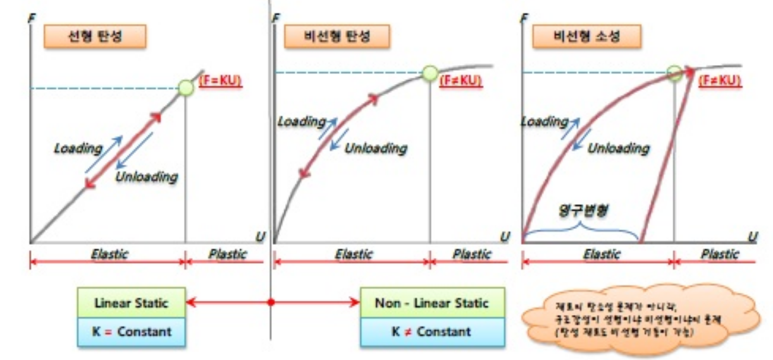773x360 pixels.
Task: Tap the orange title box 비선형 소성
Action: [576, 37]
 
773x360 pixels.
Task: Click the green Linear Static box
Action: [131, 303]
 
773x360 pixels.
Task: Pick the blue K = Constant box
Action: [131, 331]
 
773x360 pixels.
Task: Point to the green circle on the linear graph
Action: [186, 88]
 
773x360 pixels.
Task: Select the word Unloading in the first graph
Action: [146, 176]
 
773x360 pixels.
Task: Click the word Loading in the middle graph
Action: [301, 121]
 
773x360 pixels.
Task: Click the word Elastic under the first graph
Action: [109, 254]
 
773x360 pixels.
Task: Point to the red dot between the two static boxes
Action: [272, 304]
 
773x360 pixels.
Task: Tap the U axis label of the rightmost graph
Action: [752, 236]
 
